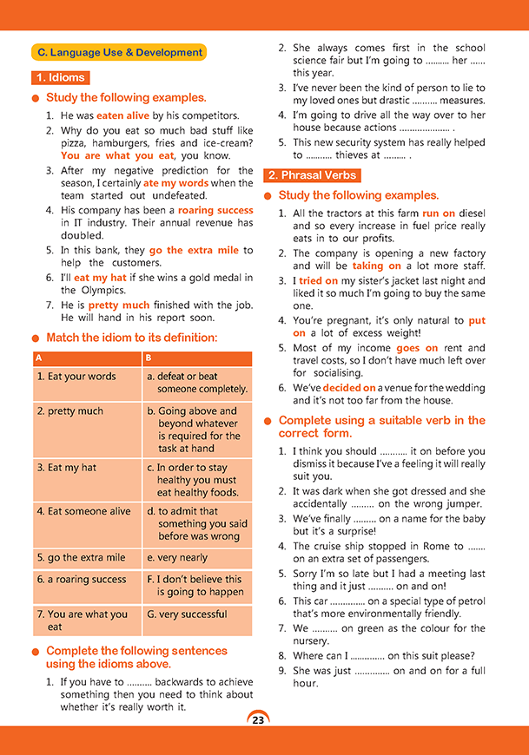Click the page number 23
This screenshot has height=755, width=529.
coord(258,719)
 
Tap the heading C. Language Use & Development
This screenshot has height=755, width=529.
coord(119,52)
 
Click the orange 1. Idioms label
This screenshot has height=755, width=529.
coord(60,77)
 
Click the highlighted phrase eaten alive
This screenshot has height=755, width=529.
coord(123,115)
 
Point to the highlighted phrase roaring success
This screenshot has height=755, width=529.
coord(215,210)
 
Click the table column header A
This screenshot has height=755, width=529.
coord(40,358)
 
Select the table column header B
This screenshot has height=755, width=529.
coord(149,358)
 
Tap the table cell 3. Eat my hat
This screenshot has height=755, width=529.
coord(67,467)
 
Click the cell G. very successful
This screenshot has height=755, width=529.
coord(187,614)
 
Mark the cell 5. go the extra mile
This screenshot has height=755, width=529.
coord(81,558)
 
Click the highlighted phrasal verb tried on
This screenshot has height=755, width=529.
coord(317,281)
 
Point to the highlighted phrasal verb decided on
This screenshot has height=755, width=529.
coord(349,388)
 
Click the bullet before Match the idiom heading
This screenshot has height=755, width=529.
coord(35,338)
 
